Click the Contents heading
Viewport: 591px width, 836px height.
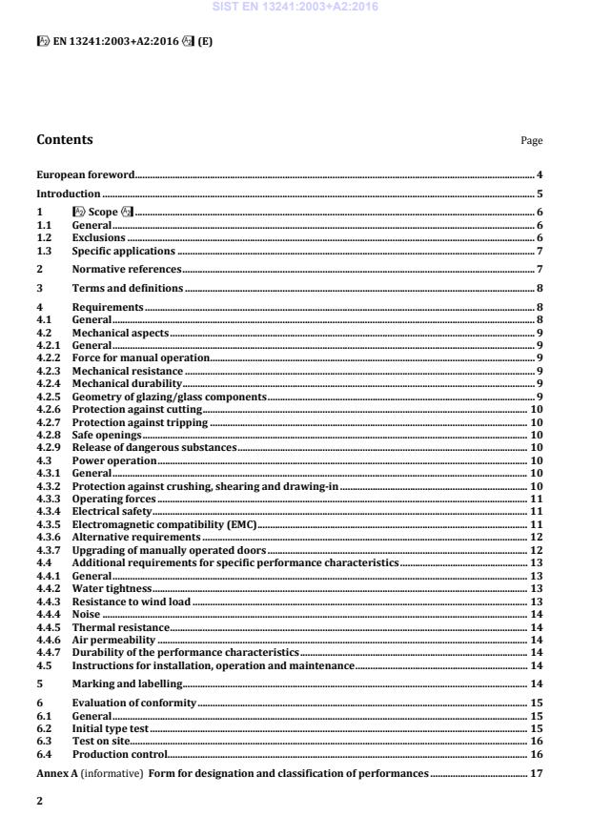tap(65, 140)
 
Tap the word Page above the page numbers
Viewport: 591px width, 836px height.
tap(531, 141)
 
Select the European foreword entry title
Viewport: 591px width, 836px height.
tap(85, 174)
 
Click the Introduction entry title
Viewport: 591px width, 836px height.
tap(69, 194)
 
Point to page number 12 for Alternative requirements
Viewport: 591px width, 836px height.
tap(537, 538)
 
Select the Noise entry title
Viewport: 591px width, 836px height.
tap(86, 615)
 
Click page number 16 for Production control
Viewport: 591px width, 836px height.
tap(537, 753)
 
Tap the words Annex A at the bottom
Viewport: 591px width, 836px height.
tap(56, 772)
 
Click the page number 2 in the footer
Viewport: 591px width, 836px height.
tap(39, 803)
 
